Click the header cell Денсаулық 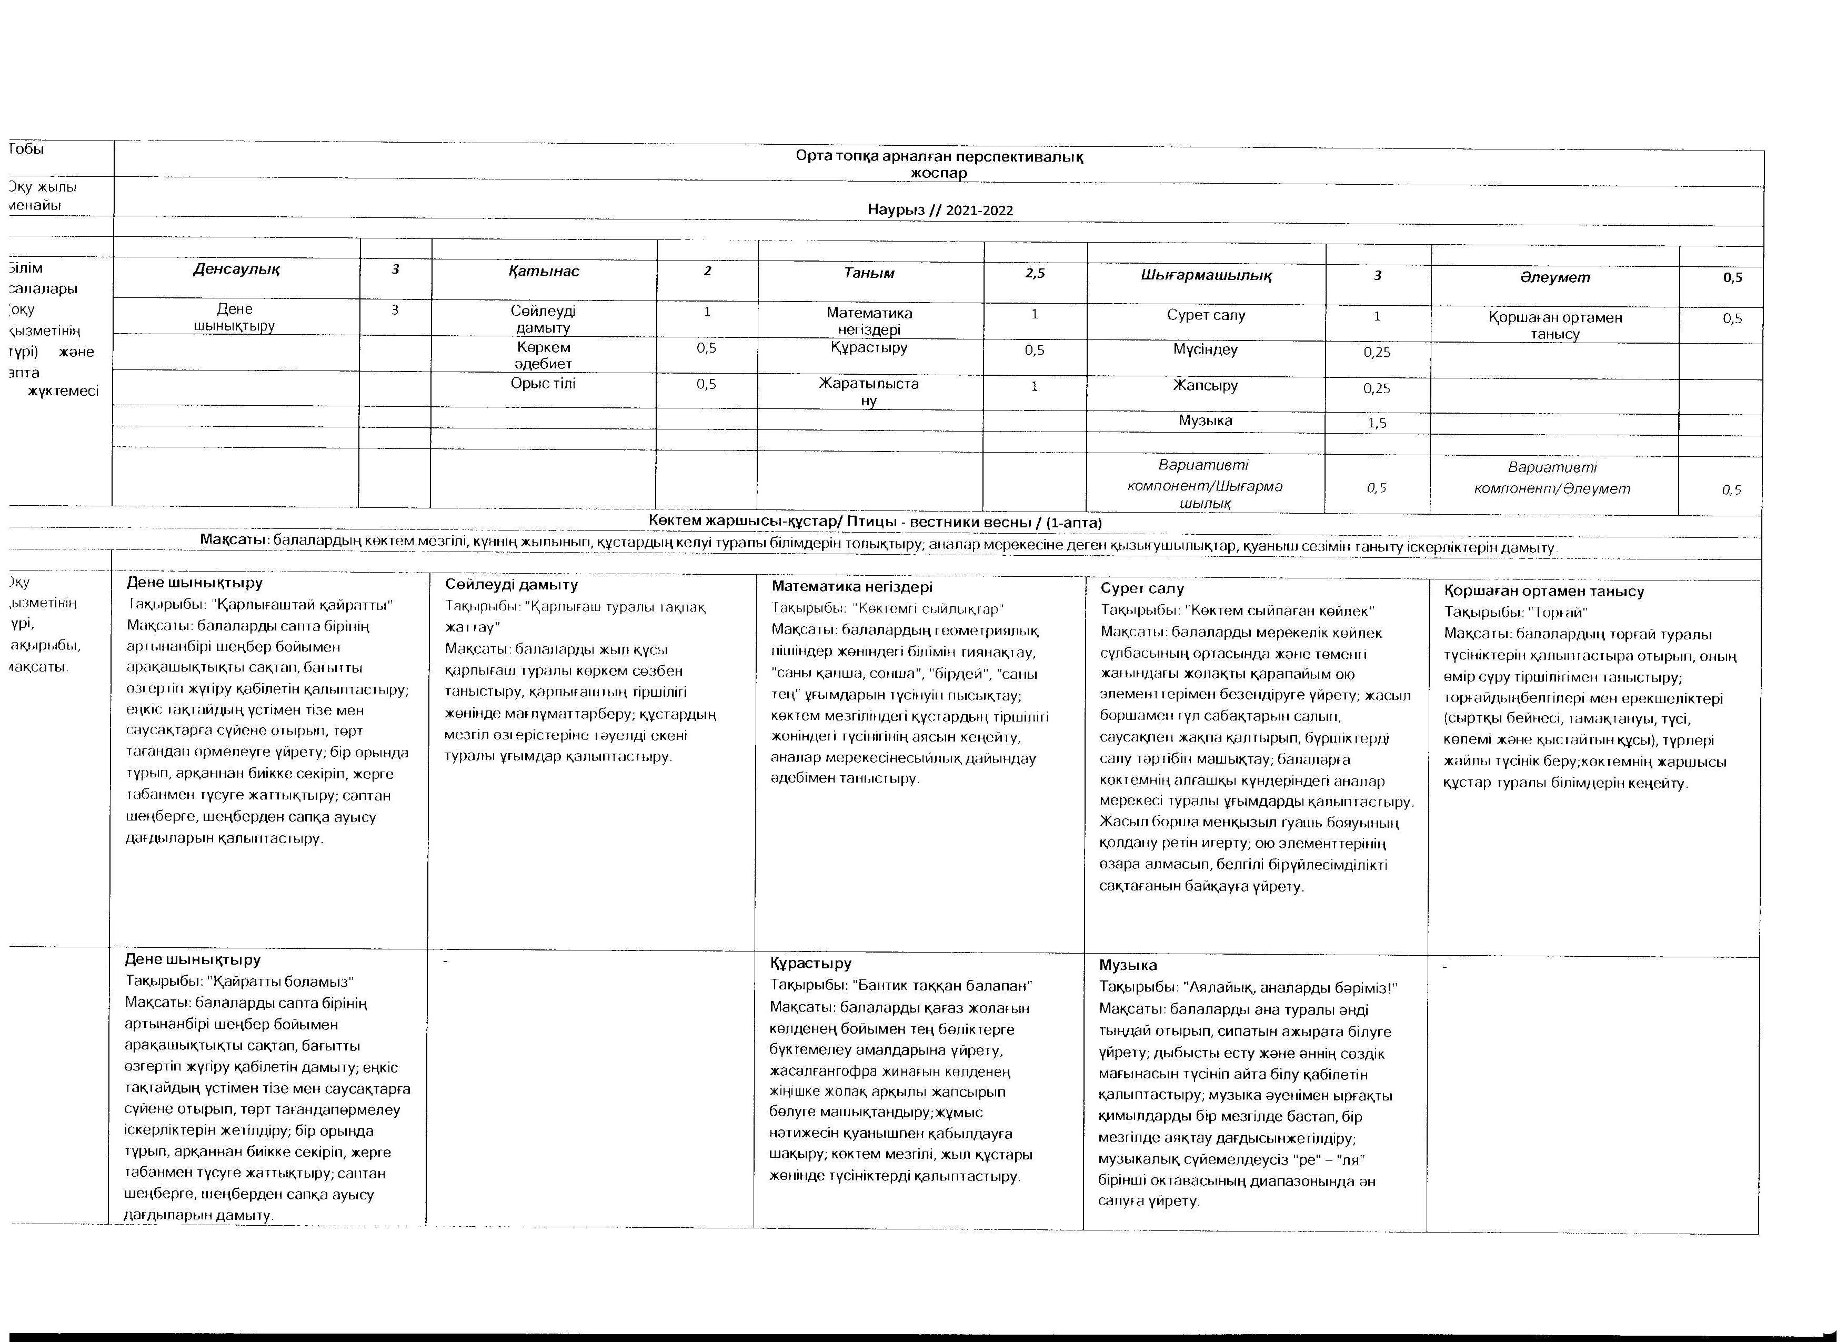click(236, 269)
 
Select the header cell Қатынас click(544, 271)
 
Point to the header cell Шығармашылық click(1206, 275)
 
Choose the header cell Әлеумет click(1554, 277)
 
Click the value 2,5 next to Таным click(1035, 274)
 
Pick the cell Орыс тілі click(543, 383)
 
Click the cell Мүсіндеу click(1206, 350)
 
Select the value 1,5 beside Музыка click(1377, 423)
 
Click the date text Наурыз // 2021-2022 click(940, 210)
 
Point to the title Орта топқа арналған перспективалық click(940, 157)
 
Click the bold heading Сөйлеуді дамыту click(511, 584)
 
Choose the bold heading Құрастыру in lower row click(811, 964)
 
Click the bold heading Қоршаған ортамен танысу click(1543, 592)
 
